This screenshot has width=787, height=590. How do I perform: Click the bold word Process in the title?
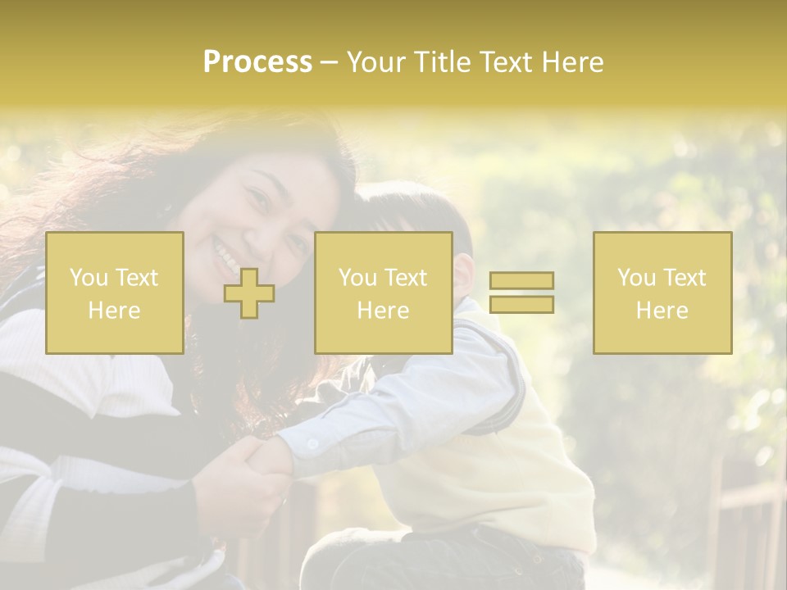257,62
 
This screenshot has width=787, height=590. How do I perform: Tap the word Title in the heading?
443,62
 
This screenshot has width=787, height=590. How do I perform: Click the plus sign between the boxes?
249,293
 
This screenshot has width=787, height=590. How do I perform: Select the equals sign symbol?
521,293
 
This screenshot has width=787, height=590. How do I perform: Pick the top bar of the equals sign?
521,281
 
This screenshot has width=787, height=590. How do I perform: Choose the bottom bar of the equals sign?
521,304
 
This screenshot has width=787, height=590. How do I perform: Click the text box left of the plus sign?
115,293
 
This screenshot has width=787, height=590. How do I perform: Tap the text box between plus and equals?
383,293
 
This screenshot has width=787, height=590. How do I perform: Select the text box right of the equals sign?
662,293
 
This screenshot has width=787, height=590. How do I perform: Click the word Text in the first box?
137,278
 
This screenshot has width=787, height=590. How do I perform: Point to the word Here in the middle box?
383,311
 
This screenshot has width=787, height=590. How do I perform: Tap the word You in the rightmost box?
637,278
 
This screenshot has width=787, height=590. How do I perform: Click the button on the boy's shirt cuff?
312,444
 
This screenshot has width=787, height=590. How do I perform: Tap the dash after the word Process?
330,62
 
